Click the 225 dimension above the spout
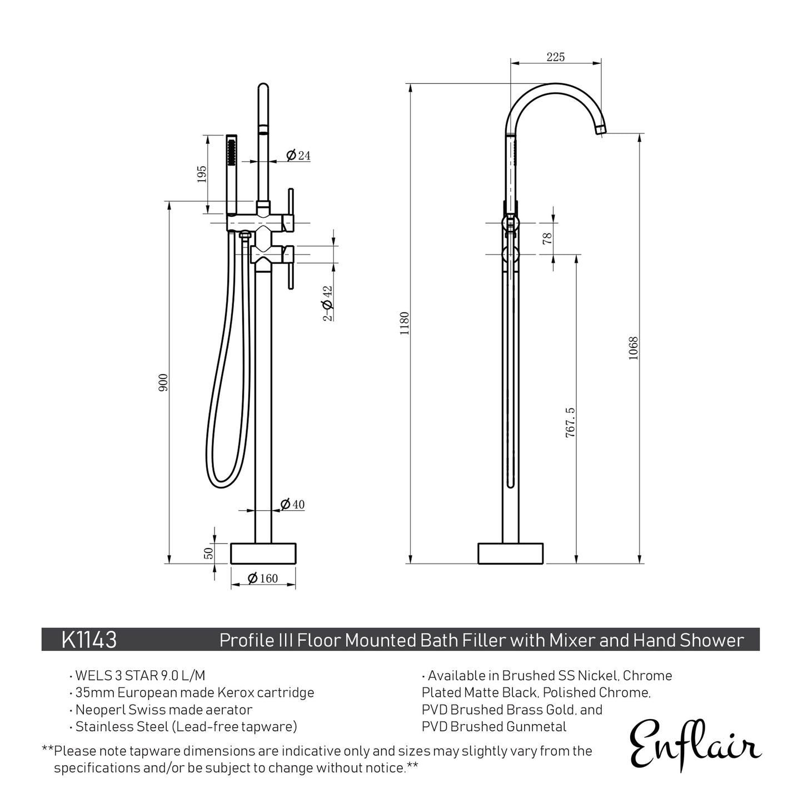pos(556,57)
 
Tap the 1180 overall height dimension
pos(405,323)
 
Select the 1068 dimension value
pos(634,348)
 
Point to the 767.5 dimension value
pos(570,422)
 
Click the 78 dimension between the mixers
pos(547,238)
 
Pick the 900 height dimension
pos(163,382)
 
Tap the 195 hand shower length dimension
pos(202,174)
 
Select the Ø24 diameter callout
pos(298,156)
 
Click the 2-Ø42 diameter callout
pos(327,303)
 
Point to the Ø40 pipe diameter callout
pos(292,505)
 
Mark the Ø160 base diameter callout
pos(262,578)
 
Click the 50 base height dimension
pos(209,553)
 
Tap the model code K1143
pos(89,640)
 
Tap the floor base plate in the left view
pos(263,553)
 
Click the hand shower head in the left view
pos(232,150)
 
